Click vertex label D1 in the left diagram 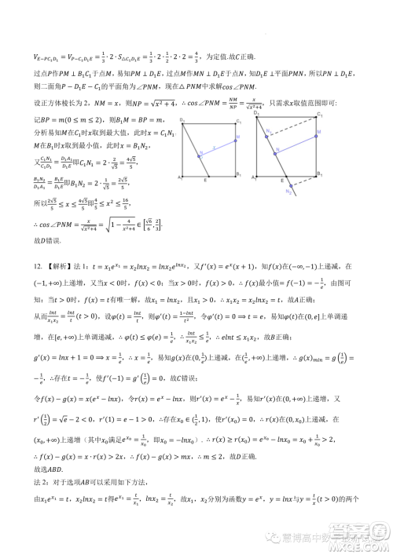tap(181, 119)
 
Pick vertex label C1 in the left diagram tap(238, 119)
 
